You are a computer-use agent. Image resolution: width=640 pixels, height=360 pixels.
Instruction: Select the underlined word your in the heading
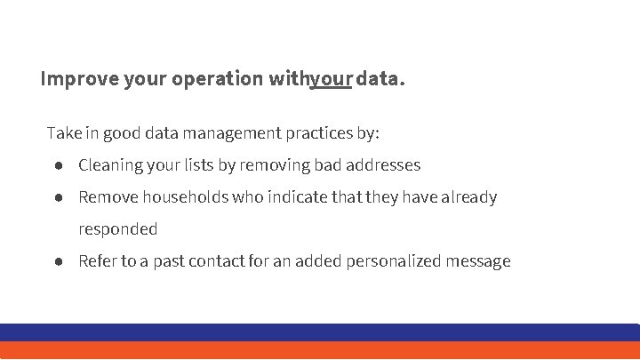pos(331,79)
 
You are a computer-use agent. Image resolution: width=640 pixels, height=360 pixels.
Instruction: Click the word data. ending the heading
pos(381,79)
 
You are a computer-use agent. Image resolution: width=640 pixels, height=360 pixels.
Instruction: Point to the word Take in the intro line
pos(64,133)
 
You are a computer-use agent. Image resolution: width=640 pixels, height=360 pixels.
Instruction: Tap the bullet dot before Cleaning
pos(57,165)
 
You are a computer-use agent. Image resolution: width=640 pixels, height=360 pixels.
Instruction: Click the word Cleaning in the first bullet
pos(111,165)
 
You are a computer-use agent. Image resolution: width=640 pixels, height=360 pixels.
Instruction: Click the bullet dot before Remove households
pos(57,197)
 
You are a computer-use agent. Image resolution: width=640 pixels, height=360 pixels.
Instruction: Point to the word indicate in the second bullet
pos(292,197)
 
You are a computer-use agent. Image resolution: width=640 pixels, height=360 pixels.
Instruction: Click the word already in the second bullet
pos(468,197)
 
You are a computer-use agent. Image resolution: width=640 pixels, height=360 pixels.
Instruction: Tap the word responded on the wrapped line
pos(118,229)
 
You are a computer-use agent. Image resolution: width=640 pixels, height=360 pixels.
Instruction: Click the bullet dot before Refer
pos(57,261)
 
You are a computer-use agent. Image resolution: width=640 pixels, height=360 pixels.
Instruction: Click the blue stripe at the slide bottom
pos(320,332)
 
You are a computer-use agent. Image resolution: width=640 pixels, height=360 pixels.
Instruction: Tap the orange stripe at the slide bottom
pos(320,350)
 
